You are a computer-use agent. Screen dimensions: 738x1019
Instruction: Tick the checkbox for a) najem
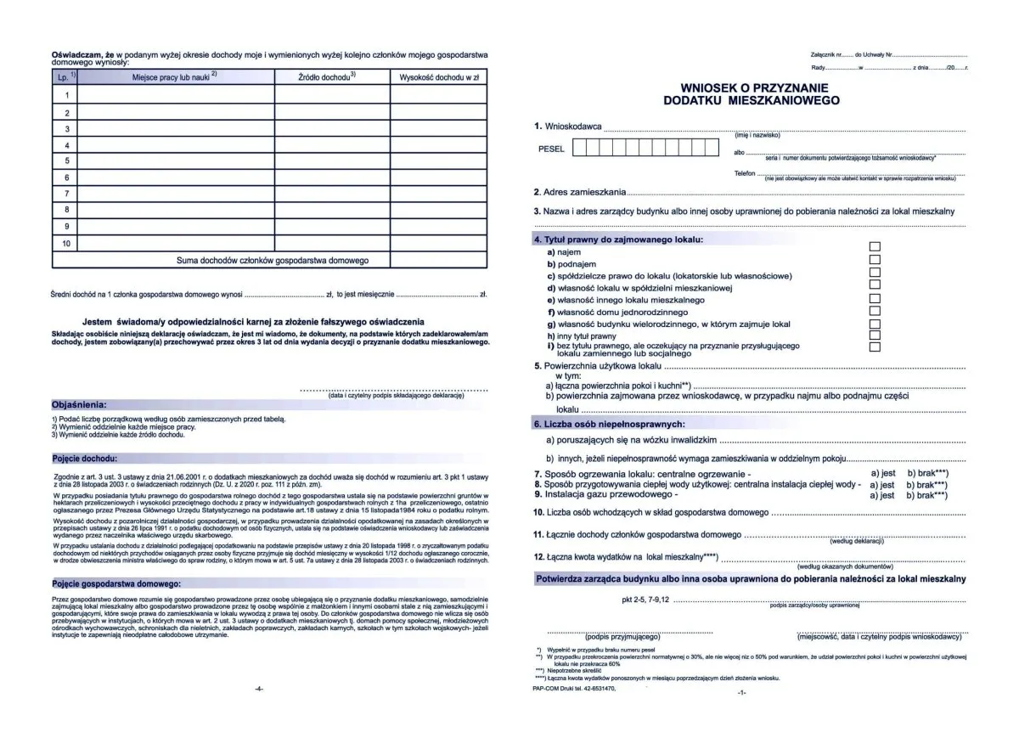875,246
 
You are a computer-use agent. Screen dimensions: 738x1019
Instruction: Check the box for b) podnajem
875,260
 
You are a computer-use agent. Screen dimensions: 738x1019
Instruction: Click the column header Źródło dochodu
327,77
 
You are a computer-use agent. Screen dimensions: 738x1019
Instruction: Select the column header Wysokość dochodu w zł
438,77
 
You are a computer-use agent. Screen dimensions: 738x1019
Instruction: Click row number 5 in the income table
66,161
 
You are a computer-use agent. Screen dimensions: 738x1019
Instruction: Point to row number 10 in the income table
66,244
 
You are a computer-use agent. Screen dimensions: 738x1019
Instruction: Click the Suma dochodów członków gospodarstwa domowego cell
272,261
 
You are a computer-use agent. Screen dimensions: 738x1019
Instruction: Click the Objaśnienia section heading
80,404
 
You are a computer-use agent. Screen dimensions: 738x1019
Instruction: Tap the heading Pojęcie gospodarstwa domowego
115,584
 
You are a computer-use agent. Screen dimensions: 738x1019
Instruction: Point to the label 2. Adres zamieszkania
580,192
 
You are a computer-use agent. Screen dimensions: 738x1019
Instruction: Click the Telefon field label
745,173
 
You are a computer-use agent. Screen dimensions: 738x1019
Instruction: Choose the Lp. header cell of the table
66,77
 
